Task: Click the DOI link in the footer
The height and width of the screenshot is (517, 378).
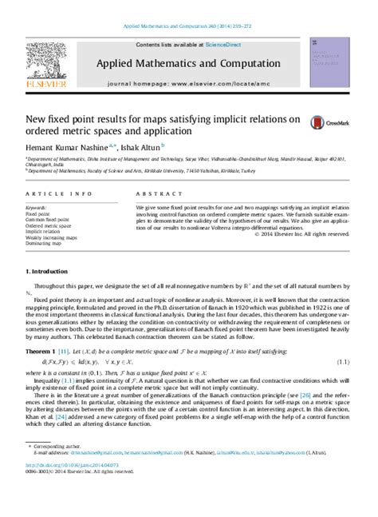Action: point(71,501)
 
